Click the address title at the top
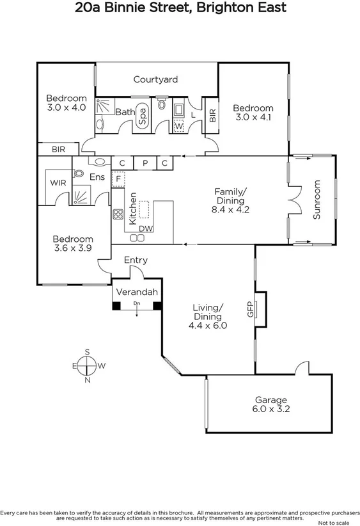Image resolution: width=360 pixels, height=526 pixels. click(x=180, y=8)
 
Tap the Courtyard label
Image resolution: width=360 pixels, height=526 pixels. click(x=155, y=80)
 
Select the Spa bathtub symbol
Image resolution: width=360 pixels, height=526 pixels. click(x=143, y=116)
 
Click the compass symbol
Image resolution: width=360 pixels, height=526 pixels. click(x=87, y=366)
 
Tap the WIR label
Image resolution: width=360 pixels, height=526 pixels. click(x=58, y=182)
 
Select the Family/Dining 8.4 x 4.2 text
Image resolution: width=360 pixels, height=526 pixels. click(x=230, y=200)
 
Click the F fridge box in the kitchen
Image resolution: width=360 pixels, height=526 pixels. click(x=118, y=178)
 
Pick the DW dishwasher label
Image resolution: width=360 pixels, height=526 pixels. click(x=146, y=228)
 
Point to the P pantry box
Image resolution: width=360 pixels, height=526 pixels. click(x=145, y=163)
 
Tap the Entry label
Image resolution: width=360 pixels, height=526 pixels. click(x=136, y=260)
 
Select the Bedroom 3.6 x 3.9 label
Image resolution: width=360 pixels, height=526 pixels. click(x=72, y=243)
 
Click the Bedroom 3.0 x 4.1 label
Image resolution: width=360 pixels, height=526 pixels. click(x=253, y=113)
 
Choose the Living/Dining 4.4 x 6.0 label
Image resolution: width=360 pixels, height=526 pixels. click(x=208, y=316)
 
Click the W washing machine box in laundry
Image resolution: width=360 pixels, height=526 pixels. click(x=178, y=126)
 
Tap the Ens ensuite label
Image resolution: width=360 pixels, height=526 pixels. click(x=97, y=177)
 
